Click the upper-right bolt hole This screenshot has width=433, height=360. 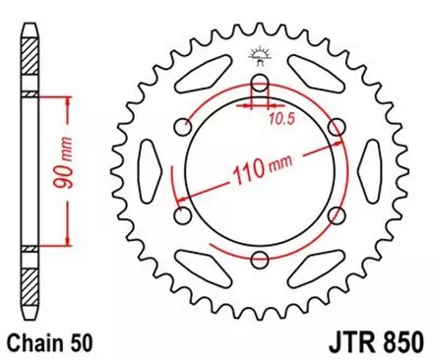point(337,125)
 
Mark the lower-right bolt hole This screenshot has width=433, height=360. point(337,214)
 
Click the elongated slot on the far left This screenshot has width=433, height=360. point(146,169)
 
